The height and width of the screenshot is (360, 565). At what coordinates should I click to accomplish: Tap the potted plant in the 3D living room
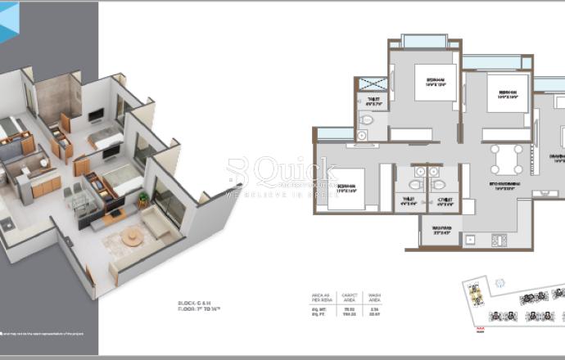click(x=144, y=199)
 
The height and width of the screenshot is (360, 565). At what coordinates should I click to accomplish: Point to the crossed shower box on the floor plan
click(x=373, y=82)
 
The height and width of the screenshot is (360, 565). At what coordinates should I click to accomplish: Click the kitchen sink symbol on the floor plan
click(x=470, y=240)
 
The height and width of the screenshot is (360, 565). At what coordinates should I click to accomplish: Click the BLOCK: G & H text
click(x=195, y=304)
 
